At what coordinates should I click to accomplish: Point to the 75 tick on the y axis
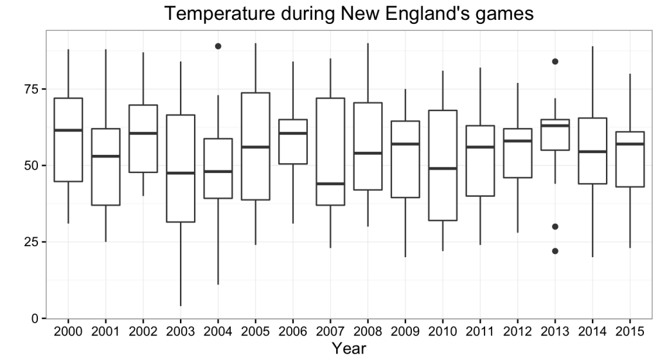coord(31,89)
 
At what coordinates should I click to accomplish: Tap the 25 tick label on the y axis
coord(31,242)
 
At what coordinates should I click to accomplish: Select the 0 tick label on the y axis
coord(36,319)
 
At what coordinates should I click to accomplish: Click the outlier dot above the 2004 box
coord(218,46)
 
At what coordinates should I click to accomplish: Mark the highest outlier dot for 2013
coord(555,62)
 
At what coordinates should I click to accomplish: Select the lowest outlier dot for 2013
coord(555,251)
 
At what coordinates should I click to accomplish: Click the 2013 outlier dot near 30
coord(555,226)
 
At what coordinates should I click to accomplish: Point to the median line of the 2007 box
coord(330,184)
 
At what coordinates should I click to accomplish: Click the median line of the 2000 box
coord(68,130)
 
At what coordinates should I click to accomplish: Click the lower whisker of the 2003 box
coord(181,264)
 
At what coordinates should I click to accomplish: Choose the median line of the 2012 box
coord(517,141)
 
